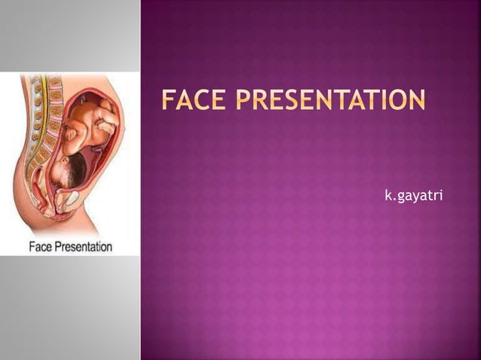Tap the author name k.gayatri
tap(414, 197)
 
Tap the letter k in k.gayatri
tap(388, 197)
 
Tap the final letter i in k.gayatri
tap(440, 197)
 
